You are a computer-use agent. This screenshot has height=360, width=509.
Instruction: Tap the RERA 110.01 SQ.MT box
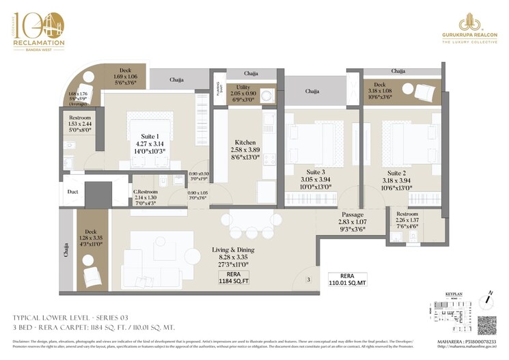(346, 278)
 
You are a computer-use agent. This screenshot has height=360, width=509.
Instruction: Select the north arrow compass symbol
(490, 296)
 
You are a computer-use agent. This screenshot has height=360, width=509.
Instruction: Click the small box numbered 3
(308, 279)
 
